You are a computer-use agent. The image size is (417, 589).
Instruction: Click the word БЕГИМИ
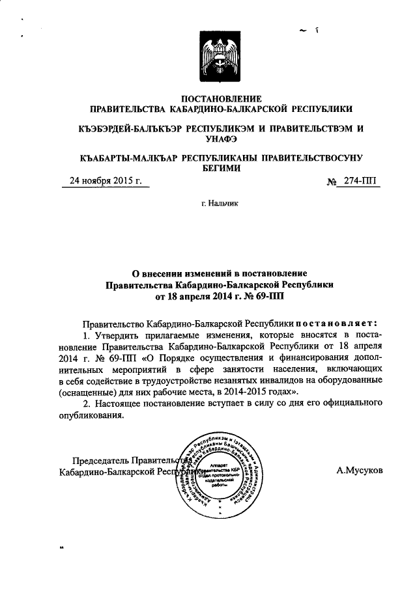(x=220, y=169)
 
